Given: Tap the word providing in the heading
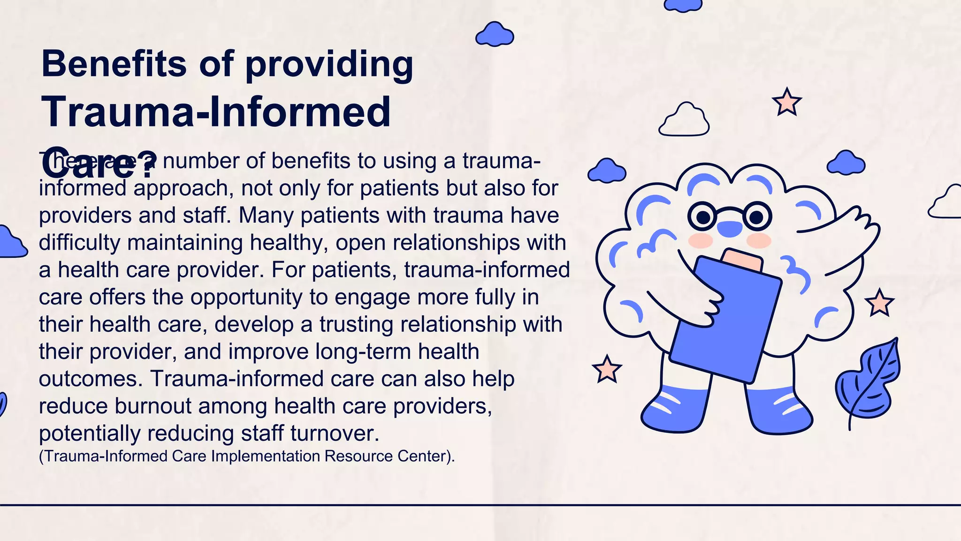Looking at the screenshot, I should (329, 64).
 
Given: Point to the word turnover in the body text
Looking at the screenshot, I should (334, 433).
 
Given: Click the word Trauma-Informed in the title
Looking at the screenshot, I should (216, 112).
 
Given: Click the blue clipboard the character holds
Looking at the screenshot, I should (725, 319).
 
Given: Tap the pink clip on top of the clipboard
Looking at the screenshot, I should (742, 260).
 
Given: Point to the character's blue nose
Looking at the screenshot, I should (730, 229).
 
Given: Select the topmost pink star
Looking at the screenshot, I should (787, 102).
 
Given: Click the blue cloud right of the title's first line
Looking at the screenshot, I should (495, 34).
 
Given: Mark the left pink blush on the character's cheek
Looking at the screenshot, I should (700, 241).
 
